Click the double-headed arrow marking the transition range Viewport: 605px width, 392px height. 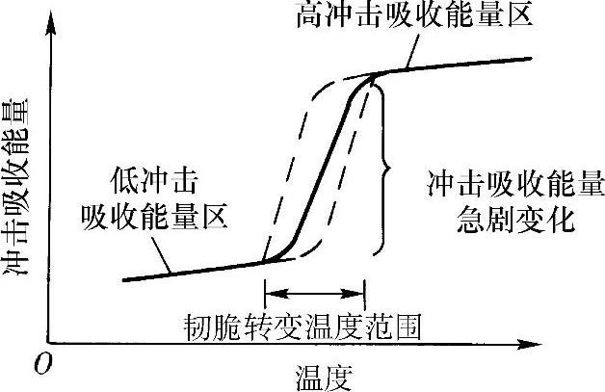(314, 296)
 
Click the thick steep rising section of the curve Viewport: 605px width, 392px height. (326, 173)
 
